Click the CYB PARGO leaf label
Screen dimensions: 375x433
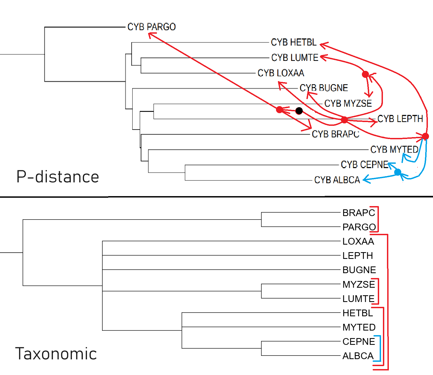pyautogui.click(x=151, y=27)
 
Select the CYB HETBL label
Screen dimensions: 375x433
pyautogui.click(x=294, y=42)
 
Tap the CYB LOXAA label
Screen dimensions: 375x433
pyautogui.click(x=281, y=73)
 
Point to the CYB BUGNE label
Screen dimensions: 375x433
pyautogui.click(x=324, y=88)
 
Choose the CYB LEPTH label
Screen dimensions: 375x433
pyautogui.click(x=400, y=119)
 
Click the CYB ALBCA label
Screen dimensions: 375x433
pyautogui.click(x=337, y=180)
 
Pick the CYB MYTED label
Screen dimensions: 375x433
pyautogui.click(x=394, y=150)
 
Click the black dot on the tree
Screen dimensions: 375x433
pyautogui.click(x=299, y=111)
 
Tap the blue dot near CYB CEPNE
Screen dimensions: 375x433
pyautogui.click(x=397, y=172)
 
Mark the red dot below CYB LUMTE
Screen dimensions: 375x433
pyautogui.click(x=365, y=74)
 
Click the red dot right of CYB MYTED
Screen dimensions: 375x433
pyautogui.click(x=425, y=136)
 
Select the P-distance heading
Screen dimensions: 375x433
pyautogui.click(x=58, y=177)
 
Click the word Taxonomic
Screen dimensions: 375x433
pyautogui.click(x=56, y=354)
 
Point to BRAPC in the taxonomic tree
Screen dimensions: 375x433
pyautogui.click(x=359, y=213)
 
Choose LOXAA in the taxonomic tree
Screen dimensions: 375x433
pyautogui.click(x=358, y=241)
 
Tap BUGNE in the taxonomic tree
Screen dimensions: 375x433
pyautogui.click(x=359, y=270)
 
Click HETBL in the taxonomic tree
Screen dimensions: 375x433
pyautogui.click(x=358, y=313)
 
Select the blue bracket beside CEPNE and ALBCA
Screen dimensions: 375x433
pyautogui.click(x=380, y=348)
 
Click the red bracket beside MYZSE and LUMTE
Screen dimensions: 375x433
pyautogui.click(x=378, y=291)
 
